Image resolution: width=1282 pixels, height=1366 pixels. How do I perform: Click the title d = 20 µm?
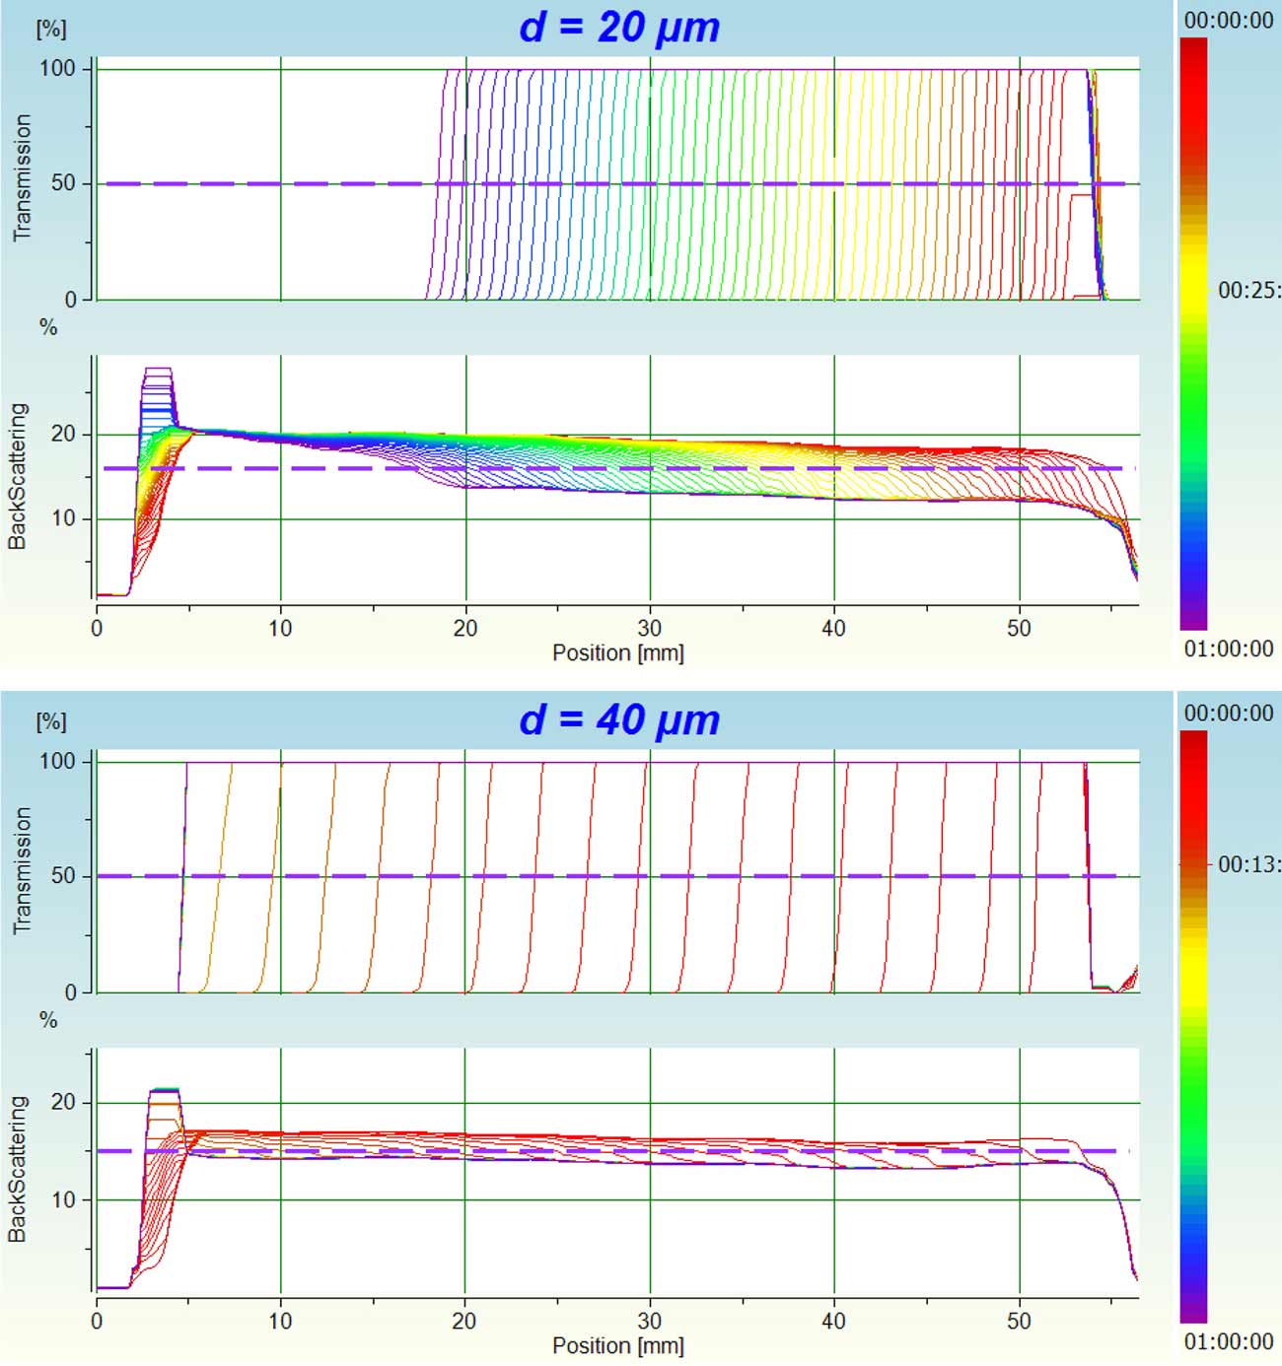pyautogui.click(x=619, y=27)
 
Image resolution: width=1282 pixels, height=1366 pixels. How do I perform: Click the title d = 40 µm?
pyautogui.click(x=619, y=719)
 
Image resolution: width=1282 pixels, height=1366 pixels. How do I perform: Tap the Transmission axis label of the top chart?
pyautogui.click(x=22, y=177)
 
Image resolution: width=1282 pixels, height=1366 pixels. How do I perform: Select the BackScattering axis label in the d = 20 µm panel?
pyautogui.click(x=19, y=476)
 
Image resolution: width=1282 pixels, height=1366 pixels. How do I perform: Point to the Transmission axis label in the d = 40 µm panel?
pyautogui.click(x=22, y=870)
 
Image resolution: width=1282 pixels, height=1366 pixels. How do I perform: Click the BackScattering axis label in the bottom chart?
pyautogui.click(x=19, y=1169)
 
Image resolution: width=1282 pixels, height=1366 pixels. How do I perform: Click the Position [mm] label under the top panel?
pyautogui.click(x=617, y=652)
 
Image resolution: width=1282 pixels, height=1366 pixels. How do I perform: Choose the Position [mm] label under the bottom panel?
pyautogui.click(x=617, y=1345)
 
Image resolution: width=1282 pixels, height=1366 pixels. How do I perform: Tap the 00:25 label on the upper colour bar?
pyautogui.click(x=1248, y=290)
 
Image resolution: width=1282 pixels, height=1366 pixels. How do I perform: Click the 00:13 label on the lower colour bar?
pyautogui.click(x=1248, y=864)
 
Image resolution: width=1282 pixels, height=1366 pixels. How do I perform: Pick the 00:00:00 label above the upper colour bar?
pyautogui.click(x=1229, y=21)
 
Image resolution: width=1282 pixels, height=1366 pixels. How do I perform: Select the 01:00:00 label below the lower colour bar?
pyautogui.click(x=1229, y=1341)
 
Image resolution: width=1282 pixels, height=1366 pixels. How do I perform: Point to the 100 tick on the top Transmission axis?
pyautogui.click(x=57, y=68)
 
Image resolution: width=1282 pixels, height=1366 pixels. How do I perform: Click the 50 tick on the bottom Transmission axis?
pyautogui.click(x=63, y=876)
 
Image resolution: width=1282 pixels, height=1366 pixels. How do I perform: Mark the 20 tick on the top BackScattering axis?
pyautogui.click(x=63, y=434)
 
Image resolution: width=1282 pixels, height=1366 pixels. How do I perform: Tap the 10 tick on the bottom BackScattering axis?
pyautogui.click(x=63, y=1199)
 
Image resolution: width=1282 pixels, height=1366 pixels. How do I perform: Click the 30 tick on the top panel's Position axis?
pyautogui.click(x=649, y=628)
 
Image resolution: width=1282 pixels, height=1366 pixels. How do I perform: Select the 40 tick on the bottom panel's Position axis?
pyautogui.click(x=833, y=1321)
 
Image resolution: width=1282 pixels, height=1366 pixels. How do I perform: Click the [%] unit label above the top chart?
pyautogui.click(x=51, y=29)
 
